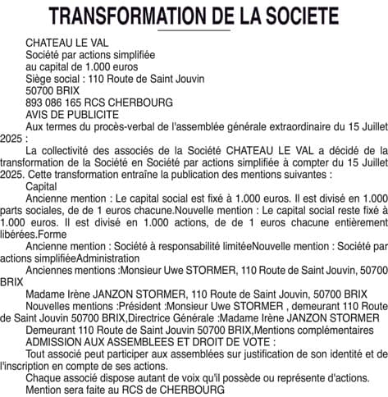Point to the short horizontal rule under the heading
coord(194,30)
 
